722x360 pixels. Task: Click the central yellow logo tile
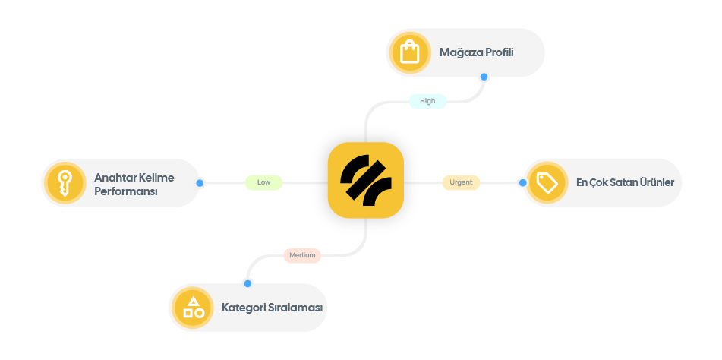click(x=365, y=181)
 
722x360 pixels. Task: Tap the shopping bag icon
click(x=409, y=52)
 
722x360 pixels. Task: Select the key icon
click(x=64, y=182)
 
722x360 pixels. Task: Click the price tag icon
click(x=547, y=182)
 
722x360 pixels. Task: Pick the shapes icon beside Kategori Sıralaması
click(x=193, y=308)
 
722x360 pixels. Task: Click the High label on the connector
click(x=427, y=101)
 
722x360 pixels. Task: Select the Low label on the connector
click(x=263, y=182)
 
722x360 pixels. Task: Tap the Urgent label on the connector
click(x=461, y=182)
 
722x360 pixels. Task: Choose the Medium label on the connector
click(x=302, y=255)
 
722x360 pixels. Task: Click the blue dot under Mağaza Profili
click(x=484, y=77)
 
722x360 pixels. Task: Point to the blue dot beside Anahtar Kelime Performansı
click(x=200, y=183)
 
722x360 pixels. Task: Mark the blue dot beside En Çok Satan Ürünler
click(x=522, y=182)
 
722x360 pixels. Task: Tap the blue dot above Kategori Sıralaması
click(x=247, y=283)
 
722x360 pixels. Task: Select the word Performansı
click(x=125, y=191)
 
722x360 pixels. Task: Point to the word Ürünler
click(x=656, y=182)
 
